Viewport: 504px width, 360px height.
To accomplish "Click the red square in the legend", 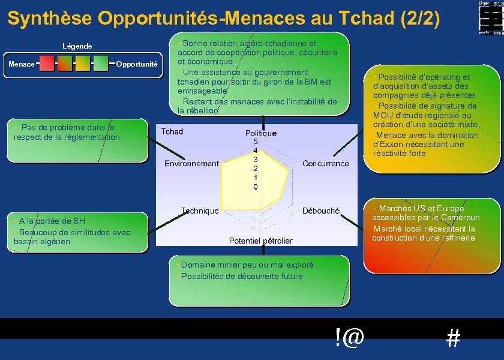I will coord(47,63).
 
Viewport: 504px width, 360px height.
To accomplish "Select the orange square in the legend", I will coord(65,63).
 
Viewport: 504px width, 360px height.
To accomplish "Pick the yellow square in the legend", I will coord(83,63).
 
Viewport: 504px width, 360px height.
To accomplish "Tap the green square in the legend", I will coord(101,63).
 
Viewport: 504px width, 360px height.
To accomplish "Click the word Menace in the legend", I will coord(21,64).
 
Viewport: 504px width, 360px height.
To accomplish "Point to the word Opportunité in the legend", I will coord(137,64).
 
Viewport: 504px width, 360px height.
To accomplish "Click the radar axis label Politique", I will coord(261,133).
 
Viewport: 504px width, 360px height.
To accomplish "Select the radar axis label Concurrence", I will coord(325,163).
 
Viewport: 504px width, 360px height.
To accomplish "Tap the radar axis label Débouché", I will coord(321,211).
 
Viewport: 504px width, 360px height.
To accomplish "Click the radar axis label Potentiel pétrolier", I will coord(261,241).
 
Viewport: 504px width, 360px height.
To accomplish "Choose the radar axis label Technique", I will coord(200,211).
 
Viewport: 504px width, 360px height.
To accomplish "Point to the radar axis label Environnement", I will coord(191,163).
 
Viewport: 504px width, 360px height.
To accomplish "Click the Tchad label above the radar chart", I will coord(172,131).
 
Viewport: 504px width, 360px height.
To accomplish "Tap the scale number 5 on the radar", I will coord(256,142).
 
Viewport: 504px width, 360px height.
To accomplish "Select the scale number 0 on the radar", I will coord(256,187).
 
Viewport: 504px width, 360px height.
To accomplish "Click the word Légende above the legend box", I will coord(77,46).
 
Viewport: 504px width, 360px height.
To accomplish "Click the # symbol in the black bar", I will coord(454,340).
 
